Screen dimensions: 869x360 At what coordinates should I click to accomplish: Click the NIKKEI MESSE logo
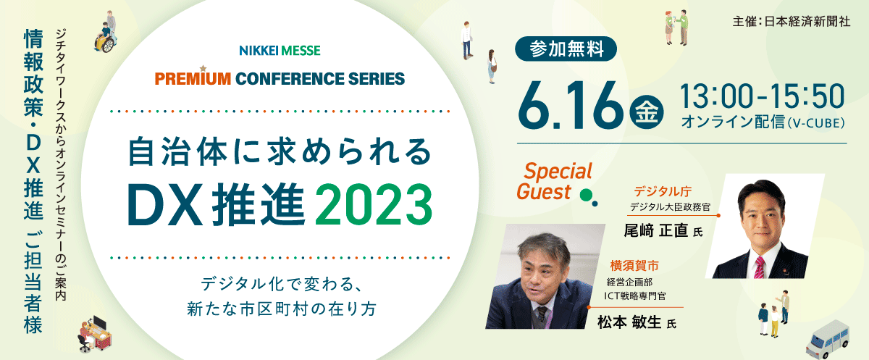280,51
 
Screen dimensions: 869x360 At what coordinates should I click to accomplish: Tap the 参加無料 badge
566,49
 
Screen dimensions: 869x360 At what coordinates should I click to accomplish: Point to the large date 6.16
570,106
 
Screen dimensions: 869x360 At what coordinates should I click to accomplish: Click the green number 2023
374,204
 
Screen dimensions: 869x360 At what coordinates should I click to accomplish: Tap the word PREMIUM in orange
193,79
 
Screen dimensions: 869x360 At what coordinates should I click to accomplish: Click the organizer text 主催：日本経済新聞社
792,21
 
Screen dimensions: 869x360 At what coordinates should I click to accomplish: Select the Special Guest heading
555,181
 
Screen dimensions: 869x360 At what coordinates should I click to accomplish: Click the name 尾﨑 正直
655,231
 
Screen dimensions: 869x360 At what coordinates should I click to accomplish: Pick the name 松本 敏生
629,322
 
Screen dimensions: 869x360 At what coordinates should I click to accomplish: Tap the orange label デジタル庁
663,191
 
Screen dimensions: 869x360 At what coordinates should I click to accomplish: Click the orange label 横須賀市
634,266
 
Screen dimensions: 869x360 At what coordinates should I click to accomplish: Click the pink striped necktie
758,267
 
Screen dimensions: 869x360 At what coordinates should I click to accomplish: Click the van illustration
828,340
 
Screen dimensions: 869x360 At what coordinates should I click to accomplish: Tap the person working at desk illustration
95,334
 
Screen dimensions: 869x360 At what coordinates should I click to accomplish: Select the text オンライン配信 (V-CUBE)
763,122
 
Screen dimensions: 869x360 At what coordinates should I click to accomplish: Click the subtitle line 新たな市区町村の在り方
282,309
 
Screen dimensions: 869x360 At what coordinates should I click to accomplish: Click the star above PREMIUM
203,69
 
